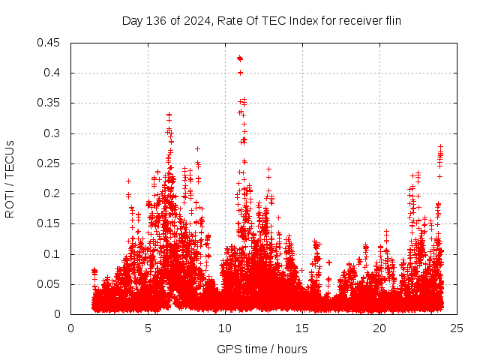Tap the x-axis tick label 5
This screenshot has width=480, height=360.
click(x=148, y=328)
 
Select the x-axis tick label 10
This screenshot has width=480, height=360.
click(x=225, y=328)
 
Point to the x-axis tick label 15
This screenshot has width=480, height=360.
click(x=302, y=328)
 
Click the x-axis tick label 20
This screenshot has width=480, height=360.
click(x=379, y=328)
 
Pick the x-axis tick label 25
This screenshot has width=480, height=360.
click(x=457, y=328)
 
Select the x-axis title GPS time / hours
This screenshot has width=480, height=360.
click(x=262, y=349)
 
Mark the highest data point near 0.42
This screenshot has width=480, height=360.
click(x=239, y=58)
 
